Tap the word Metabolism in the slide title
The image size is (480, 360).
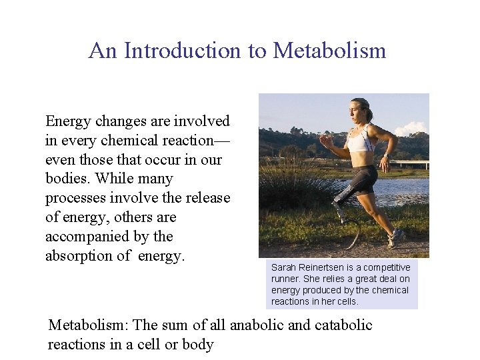pos(329,51)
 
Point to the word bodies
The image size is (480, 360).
pos(67,179)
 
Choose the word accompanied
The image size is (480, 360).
pos(89,237)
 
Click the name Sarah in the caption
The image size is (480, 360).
pos(283,267)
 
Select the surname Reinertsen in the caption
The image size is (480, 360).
pos(325,267)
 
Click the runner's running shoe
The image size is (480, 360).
pos(396,237)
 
